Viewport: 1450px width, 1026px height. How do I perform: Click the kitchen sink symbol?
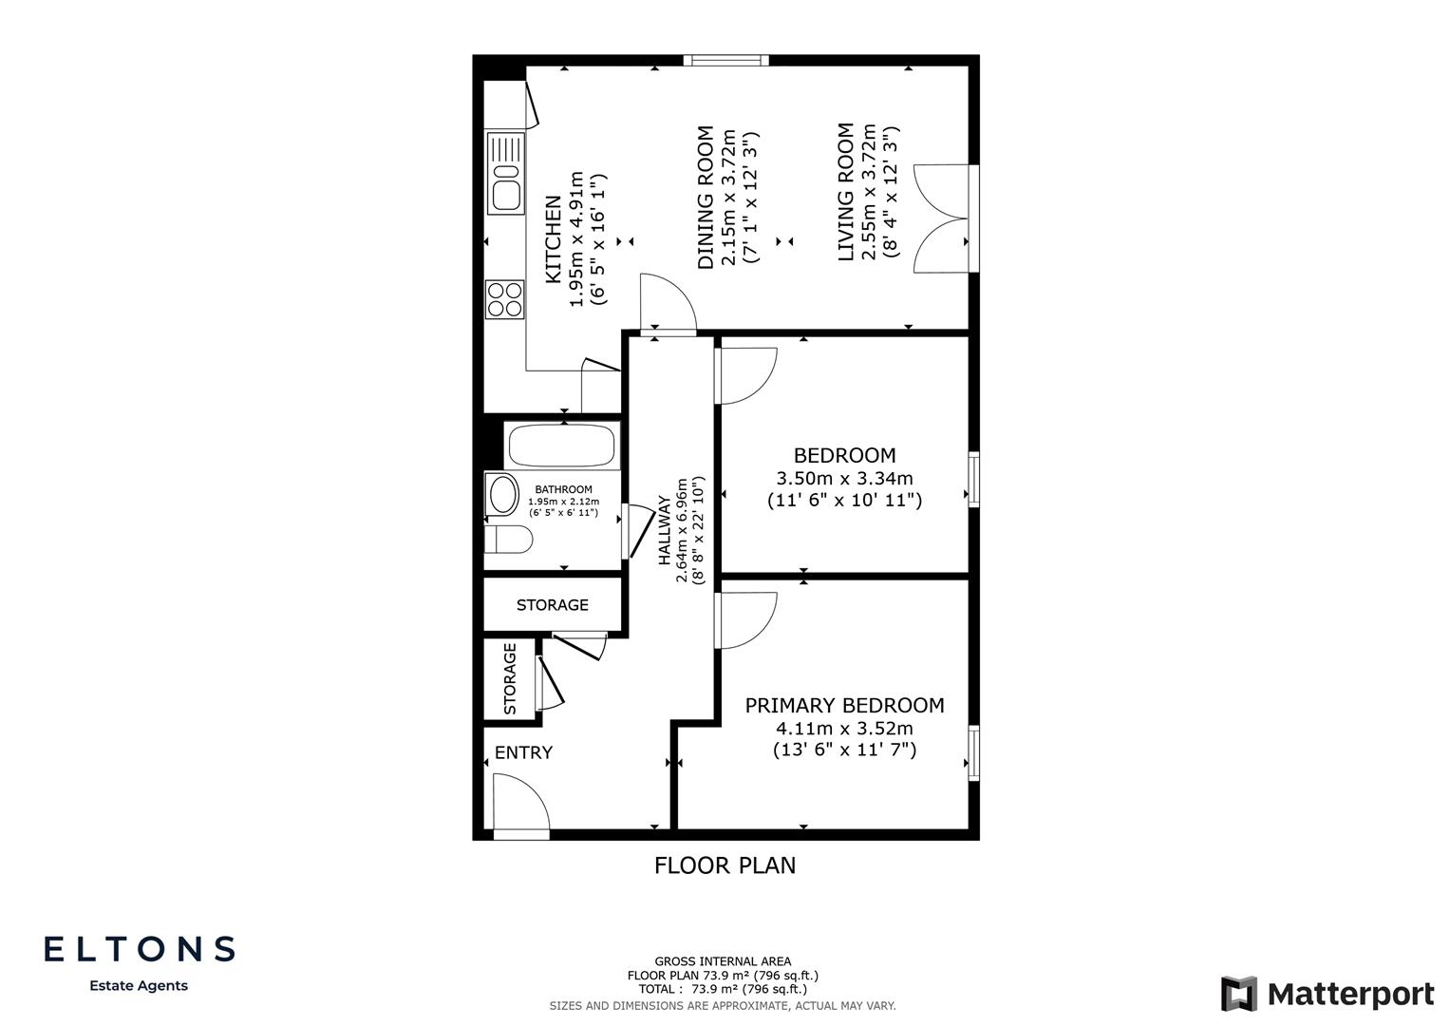coord(505,174)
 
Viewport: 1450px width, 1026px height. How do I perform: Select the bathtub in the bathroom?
coord(561,446)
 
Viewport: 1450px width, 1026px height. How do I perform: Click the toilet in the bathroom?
coord(507,540)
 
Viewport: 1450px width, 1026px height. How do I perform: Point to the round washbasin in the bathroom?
coord(502,494)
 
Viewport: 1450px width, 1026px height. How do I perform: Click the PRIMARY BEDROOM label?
coord(844,705)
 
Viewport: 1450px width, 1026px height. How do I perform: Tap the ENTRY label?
coord(523,752)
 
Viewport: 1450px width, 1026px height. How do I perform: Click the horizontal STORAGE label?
coord(552,605)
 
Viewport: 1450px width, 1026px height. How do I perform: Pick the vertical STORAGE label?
coord(510,678)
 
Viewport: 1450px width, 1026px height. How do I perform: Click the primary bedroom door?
coord(746,619)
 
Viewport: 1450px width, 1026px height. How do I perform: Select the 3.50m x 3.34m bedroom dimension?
coord(844,479)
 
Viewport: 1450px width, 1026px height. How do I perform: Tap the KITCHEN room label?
coord(553,239)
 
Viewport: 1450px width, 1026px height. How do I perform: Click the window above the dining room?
coord(726,61)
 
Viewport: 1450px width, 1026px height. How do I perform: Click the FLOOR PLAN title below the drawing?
coord(725,865)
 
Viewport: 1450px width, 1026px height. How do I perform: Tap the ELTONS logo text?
coord(140,948)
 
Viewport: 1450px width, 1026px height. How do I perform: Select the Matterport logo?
coord(1328,994)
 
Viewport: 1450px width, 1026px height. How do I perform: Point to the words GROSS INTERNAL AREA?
coord(723,961)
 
